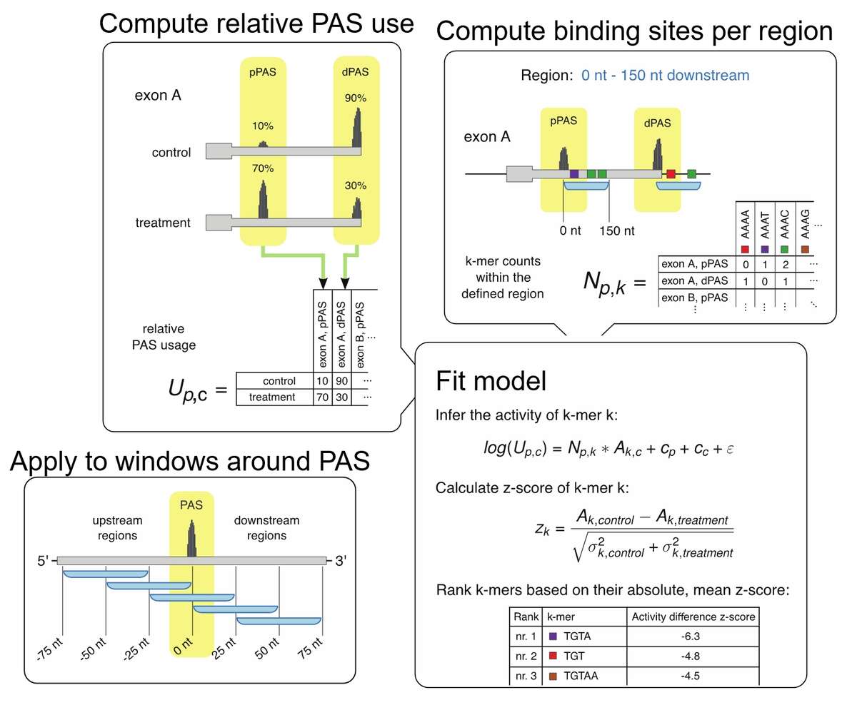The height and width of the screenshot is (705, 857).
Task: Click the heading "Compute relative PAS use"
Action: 256,24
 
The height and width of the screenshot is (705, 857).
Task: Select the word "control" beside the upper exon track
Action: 171,153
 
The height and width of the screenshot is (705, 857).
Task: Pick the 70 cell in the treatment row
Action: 321,397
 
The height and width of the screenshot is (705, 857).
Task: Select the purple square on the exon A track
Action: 574,173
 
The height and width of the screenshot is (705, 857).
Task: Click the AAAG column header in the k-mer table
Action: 805,223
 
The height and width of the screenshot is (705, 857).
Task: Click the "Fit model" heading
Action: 491,381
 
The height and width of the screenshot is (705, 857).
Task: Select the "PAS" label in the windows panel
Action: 191,505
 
